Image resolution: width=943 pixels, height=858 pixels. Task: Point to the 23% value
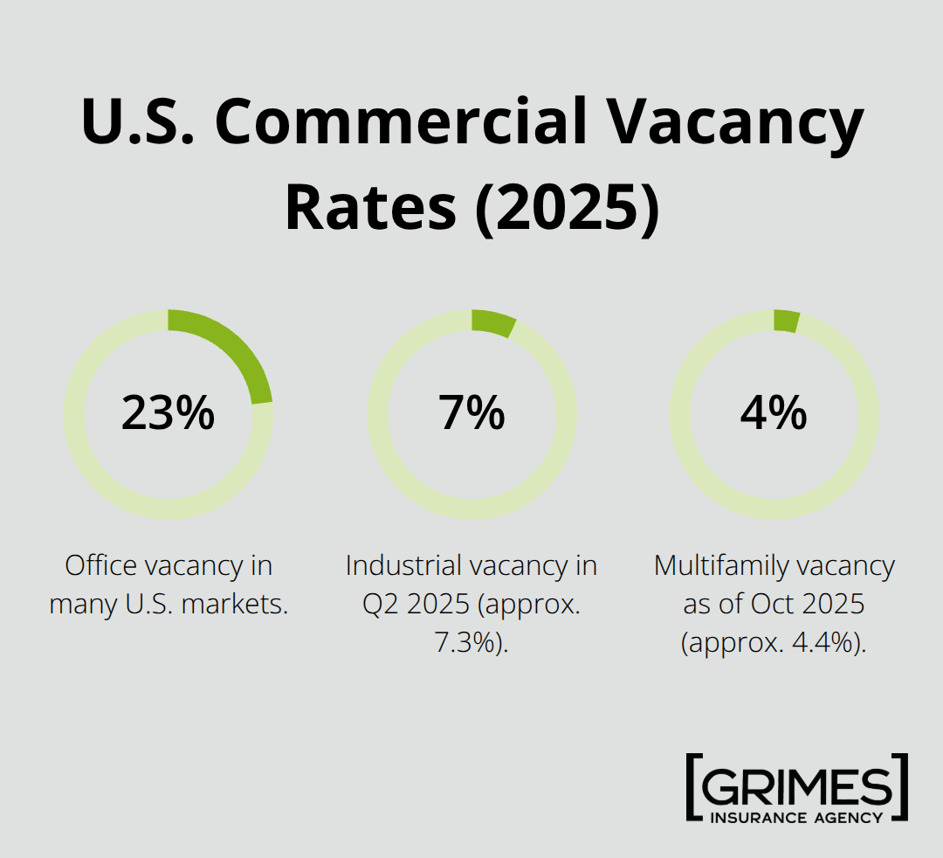(168, 413)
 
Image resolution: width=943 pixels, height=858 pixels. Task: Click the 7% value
(471, 413)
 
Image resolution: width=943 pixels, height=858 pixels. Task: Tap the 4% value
(774, 413)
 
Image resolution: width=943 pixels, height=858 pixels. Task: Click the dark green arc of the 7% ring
(493, 323)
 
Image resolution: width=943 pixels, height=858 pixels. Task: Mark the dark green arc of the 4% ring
(786, 321)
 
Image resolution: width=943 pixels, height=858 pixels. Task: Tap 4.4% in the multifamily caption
(824, 642)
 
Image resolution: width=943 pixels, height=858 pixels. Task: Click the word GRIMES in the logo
(797, 787)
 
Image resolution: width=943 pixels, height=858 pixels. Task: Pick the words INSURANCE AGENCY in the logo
(797, 818)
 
